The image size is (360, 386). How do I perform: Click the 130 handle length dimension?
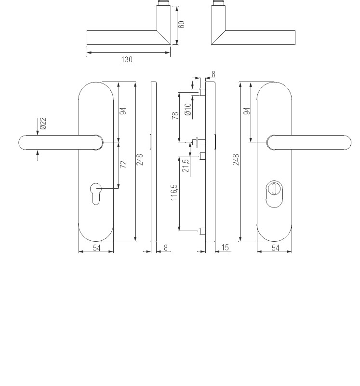127,59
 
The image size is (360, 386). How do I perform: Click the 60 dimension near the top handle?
181,25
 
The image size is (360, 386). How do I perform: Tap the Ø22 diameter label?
43,124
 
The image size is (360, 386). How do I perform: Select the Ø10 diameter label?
187,110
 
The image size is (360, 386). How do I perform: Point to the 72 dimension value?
123,164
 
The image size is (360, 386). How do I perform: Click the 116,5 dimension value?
174,192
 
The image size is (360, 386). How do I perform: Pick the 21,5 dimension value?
186,165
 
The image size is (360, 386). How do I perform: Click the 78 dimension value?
175,115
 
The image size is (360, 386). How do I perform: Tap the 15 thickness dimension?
225,247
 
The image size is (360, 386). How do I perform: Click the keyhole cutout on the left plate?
95,194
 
